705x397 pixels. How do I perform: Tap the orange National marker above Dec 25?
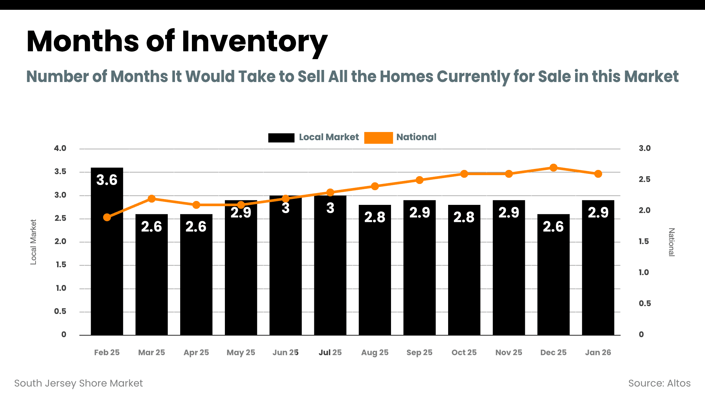[553, 168]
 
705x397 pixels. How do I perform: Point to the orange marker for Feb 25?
[107, 217]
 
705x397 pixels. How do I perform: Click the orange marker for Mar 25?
[151, 199]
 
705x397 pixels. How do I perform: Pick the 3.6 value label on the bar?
[107, 180]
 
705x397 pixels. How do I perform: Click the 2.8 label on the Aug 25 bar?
[375, 217]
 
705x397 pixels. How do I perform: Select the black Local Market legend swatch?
[281, 138]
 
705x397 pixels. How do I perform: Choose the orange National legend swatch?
[378, 138]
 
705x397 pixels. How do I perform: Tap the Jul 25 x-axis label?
[330, 353]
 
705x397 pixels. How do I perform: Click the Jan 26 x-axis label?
[598, 353]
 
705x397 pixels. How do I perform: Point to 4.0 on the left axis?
[60, 148]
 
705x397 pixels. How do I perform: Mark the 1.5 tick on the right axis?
[644, 241]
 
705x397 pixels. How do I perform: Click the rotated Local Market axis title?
[33, 242]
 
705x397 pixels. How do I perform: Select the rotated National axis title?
[671, 242]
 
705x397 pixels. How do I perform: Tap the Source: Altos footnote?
[659, 383]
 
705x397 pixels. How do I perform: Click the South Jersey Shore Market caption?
[78, 383]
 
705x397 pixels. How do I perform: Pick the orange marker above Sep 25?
[419, 180]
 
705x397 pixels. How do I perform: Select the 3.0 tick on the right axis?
[645, 148]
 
